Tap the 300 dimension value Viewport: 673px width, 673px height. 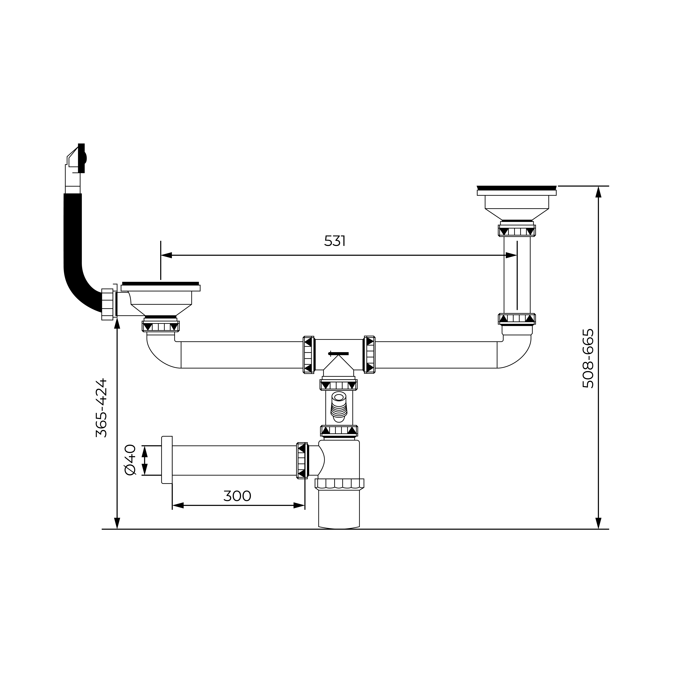(237, 496)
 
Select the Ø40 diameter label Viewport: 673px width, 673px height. (130, 460)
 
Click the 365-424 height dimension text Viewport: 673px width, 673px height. (101, 408)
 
